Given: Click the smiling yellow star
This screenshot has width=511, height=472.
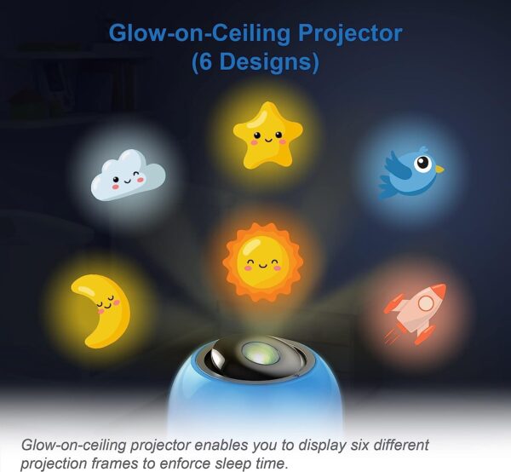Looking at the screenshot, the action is pos(268,136).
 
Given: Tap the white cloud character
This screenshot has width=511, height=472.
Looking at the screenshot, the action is pos(128,176).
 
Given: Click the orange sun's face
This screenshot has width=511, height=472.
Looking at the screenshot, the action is pos(262,262).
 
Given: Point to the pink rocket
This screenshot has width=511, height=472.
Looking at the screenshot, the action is pos(416,314).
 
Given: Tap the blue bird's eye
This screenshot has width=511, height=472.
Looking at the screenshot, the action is pos(423,163).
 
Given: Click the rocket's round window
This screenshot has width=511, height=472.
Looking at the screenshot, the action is pos(425,304).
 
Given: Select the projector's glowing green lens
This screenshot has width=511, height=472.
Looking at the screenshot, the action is pos(260,353).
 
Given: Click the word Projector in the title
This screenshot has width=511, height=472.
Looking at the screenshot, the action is pos(350,33).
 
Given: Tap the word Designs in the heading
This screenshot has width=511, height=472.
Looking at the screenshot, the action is pos(263,61).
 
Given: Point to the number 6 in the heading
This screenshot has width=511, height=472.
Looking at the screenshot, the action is pos(205,61).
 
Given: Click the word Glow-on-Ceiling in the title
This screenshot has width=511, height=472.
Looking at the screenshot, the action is pos(199,33).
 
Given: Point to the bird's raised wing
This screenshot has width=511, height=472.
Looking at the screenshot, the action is pos(399,164).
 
